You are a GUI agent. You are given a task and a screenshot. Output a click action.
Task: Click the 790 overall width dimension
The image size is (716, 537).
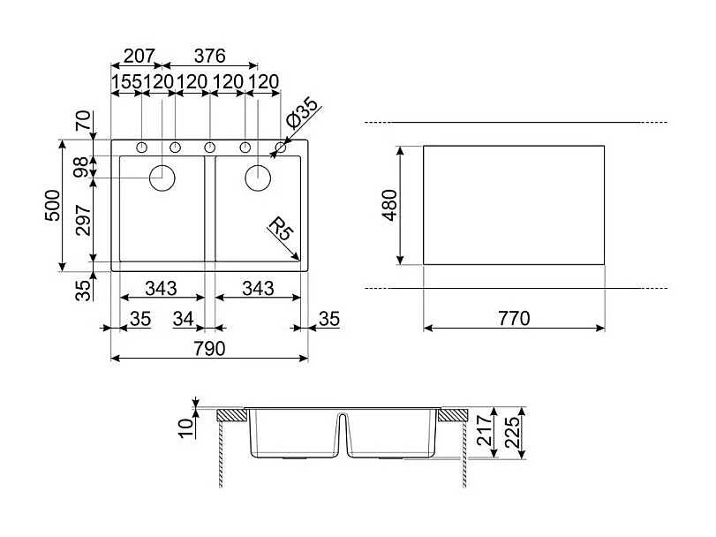209,349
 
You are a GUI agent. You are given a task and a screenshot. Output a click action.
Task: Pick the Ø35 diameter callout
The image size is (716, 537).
304,116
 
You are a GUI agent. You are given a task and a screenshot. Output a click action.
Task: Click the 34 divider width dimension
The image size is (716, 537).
183,319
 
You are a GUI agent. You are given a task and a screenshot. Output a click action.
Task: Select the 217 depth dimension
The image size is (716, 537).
484,433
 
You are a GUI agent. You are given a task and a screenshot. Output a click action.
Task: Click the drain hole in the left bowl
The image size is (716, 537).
163,178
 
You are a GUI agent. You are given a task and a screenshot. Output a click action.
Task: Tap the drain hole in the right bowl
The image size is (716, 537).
257,178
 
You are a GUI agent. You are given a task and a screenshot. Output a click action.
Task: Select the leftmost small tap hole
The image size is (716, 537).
142,146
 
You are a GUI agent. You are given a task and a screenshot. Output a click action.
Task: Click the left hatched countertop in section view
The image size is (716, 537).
233,414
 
